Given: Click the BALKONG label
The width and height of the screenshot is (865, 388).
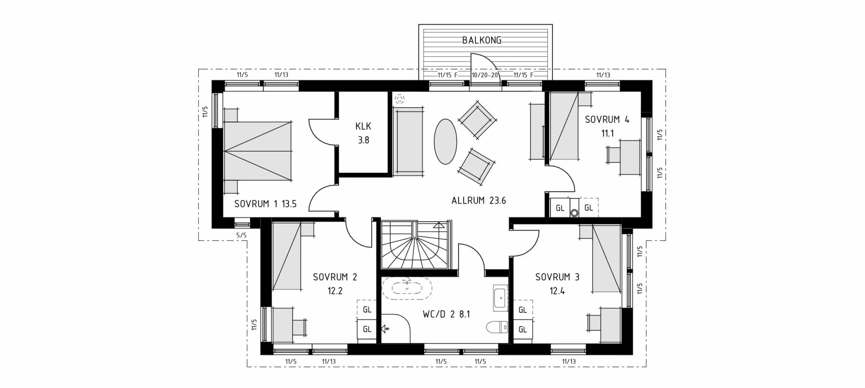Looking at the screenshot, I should coord(482,40).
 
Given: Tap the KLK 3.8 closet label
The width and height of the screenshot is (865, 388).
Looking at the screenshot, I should coord(363,133).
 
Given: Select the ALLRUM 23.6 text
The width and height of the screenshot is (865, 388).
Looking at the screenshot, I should coord(478,201).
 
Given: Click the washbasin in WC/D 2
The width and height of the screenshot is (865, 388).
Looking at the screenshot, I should coord(501,298).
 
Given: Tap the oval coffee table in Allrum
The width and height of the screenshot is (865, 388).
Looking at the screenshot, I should coord(445,142).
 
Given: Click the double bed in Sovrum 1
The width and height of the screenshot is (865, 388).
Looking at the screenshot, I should coord(258,151).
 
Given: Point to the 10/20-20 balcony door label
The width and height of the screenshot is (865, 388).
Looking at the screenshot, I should coord(485,75).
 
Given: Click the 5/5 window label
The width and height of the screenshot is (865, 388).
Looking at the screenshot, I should coord(241,235).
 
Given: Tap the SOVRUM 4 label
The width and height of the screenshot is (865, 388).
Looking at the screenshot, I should coord(607,120).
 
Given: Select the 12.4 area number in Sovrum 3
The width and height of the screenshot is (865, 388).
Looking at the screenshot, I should coord(557,291).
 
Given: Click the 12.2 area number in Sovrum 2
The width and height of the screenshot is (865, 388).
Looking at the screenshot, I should coord(335,291).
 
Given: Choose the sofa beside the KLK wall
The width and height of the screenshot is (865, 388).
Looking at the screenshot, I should coord(409,141).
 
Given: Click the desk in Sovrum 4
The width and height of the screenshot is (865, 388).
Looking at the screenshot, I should coord(629,157).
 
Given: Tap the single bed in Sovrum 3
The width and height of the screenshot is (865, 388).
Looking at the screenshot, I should coord(606,259).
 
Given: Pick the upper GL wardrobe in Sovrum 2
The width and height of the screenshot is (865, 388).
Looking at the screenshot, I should coord(367,310).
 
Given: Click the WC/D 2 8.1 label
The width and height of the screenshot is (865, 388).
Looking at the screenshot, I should coord(446,315).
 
